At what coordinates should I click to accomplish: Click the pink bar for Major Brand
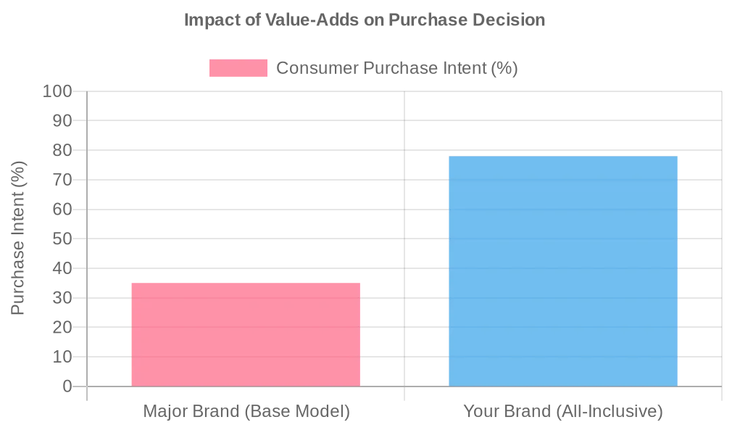pos(246,334)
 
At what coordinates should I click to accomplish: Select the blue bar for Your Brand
pos(563,271)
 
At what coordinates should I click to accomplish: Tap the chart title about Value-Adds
pos(364,20)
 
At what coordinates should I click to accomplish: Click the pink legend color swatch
pos(238,68)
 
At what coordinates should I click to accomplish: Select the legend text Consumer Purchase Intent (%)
pos(396,68)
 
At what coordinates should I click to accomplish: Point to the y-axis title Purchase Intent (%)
pos(18,239)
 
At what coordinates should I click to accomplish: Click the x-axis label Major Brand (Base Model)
pos(246,412)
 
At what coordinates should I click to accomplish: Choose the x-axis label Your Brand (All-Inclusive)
pos(563,412)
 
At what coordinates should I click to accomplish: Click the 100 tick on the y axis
pos(57,91)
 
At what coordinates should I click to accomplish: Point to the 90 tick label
pos(62,120)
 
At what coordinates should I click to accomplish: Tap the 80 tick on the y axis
pos(62,150)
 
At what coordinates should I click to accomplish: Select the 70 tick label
pos(62,180)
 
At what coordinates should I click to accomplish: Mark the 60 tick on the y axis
pos(62,210)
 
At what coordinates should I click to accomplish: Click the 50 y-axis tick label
pos(62,239)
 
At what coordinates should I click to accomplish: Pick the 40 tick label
pos(62,268)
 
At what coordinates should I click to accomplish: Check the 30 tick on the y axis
pos(62,298)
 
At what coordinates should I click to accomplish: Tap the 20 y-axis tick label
pos(62,327)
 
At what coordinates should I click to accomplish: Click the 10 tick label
pos(62,357)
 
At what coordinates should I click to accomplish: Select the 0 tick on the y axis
pos(67,386)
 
